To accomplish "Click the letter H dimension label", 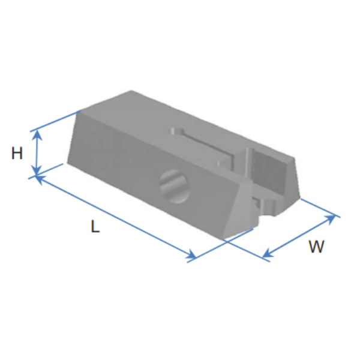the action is click(17, 153).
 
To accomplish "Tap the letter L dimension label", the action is click(95, 226).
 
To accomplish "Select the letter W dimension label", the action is click(316, 247).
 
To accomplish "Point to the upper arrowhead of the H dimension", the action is click(37, 135).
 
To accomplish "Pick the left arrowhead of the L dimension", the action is click(40, 179).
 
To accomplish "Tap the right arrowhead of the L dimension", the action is click(191, 255).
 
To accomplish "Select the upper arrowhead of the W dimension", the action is click(330, 218).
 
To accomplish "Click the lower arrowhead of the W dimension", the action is click(267, 253).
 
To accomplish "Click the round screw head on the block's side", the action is click(175, 186).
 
